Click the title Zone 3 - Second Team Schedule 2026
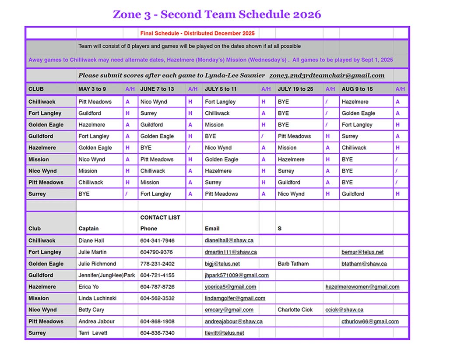(217, 14)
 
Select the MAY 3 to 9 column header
(92, 89)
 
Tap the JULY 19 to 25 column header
(295, 89)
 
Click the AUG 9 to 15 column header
(357, 89)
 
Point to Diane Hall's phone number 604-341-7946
(157, 240)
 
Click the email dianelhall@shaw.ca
(229, 240)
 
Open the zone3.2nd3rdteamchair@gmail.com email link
(327, 75)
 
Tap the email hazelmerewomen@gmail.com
(362, 287)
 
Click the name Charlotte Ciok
(295, 310)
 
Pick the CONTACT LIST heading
(160, 217)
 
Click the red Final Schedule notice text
(197, 33)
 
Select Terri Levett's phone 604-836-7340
(157, 333)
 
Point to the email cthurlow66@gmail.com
(370, 321)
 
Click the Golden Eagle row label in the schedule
(46, 125)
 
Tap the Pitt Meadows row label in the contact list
(46, 321)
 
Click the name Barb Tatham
(293, 264)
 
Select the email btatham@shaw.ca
(364, 264)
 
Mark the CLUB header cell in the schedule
(36, 89)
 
